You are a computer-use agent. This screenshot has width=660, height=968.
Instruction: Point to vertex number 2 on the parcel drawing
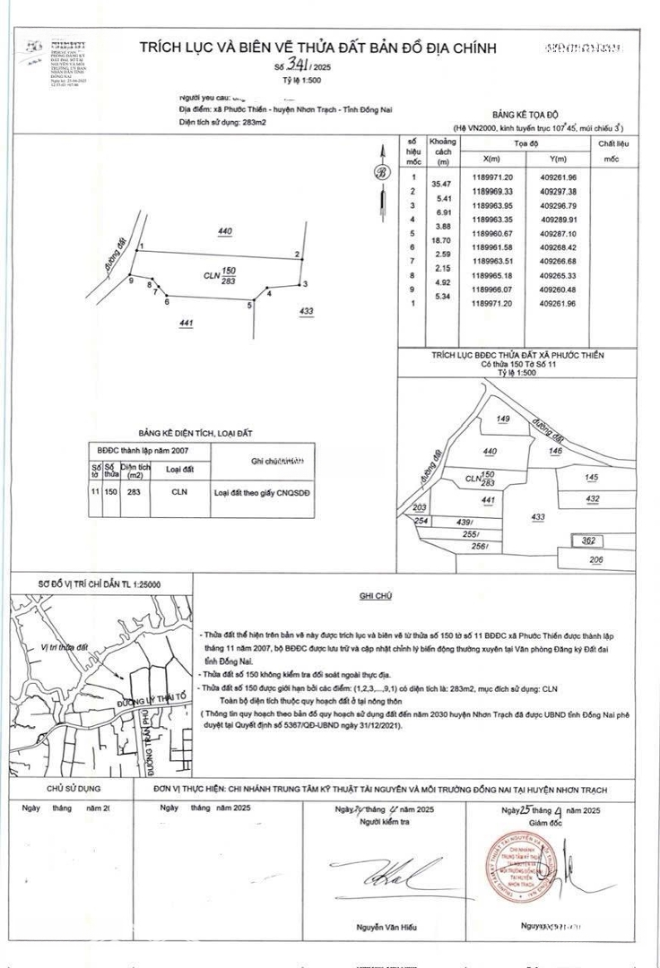click(x=297, y=255)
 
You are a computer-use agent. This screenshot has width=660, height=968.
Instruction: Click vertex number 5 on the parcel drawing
click(x=250, y=306)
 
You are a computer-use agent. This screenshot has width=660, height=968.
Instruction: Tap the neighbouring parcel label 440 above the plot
click(x=225, y=232)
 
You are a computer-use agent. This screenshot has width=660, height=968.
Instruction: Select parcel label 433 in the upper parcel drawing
click(x=307, y=311)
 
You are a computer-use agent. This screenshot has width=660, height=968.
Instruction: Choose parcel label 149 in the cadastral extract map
click(x=502, y=419)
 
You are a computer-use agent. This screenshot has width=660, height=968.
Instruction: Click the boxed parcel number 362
click(x=588, y=540)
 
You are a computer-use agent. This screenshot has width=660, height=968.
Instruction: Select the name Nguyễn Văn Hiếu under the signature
click(x=387, y=927)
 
